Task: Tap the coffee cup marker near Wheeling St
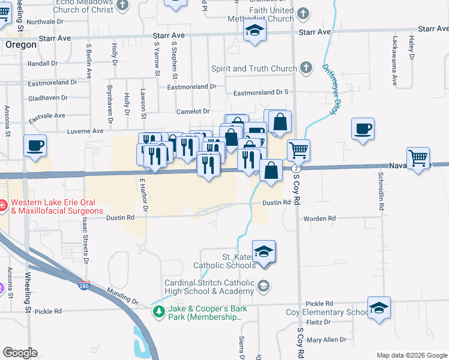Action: [35, 146]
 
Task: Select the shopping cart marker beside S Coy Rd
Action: [298, 150]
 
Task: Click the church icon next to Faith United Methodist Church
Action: [303, 13]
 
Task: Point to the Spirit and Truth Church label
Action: [254, 68]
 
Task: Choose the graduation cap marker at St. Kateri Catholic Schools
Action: [264, 251]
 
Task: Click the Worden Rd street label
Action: [319, 218]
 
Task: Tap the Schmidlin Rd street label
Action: [381, 190]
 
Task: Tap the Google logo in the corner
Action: [20, 353]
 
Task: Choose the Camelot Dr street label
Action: [193, 112]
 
